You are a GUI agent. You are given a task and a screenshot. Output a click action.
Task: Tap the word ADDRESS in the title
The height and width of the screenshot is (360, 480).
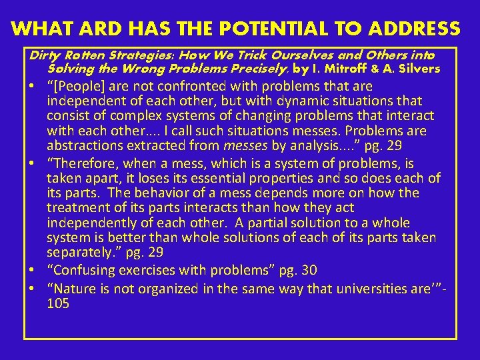pos(408,29)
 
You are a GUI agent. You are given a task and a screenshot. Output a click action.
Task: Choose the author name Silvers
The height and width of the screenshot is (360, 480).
pos(420,69)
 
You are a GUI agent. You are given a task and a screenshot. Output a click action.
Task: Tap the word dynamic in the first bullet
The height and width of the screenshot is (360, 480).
pos(286,101)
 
